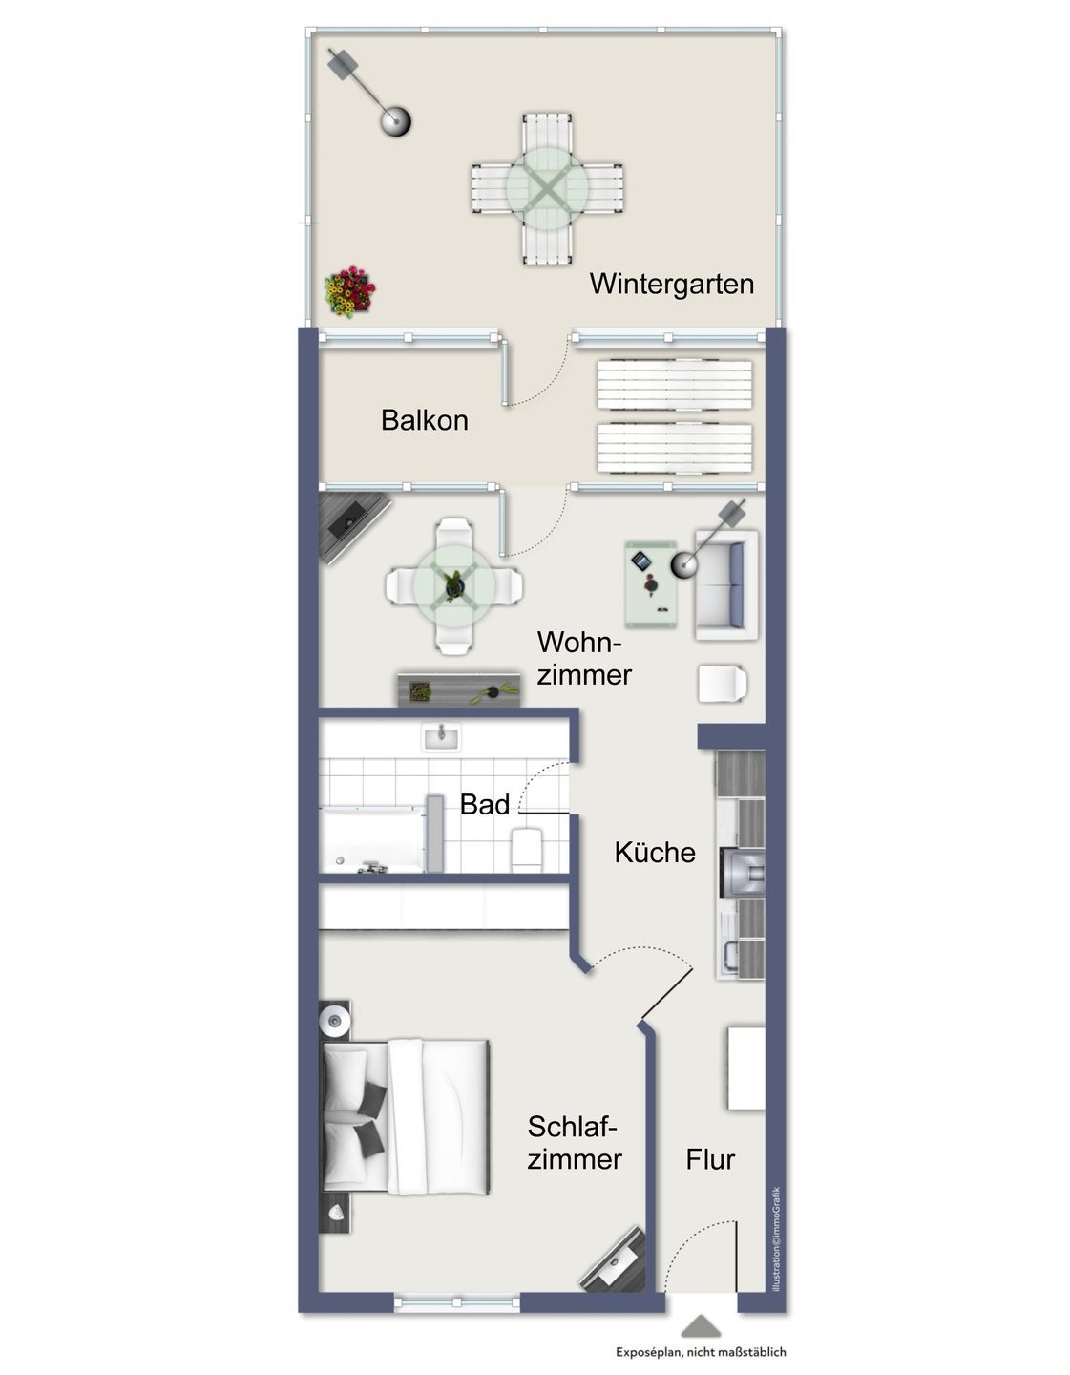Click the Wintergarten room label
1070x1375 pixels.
tap(672, 285)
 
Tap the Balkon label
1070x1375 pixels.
tap(425, 420)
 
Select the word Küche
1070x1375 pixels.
tap(655, 852)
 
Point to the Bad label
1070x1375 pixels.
tap(484, 804)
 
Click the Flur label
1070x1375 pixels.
tap(709, 1159)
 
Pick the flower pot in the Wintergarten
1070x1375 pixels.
tap(349, 291)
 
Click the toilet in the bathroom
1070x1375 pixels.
tap(527, 849)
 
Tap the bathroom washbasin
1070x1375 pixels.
tap(441, 737)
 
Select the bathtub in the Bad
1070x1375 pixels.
tap(371, 839)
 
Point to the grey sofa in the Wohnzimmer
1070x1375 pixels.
tap(726, 584)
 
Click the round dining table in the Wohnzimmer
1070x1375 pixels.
tap(454, 586)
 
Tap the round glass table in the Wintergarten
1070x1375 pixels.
tap(547, 188)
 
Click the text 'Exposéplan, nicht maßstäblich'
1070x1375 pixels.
tap(702, 1352)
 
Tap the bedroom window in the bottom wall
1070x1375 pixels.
tap(456, 1301)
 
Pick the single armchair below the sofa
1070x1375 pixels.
tap(723, 683)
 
